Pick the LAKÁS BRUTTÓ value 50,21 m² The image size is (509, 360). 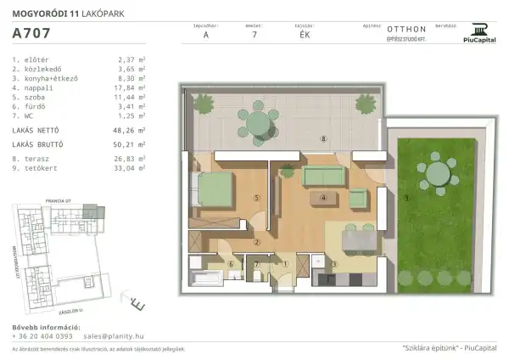(x=130, y=145)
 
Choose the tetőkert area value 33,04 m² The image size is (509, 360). (x=130, y=168)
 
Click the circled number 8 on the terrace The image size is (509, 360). (x=322, y=138)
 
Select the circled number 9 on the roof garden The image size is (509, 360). (x=406, y=198)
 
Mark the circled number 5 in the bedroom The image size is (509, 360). (x=255, y=198)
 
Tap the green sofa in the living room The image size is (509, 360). (x=322, y=176)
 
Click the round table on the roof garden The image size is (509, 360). (x=439, y=172)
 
